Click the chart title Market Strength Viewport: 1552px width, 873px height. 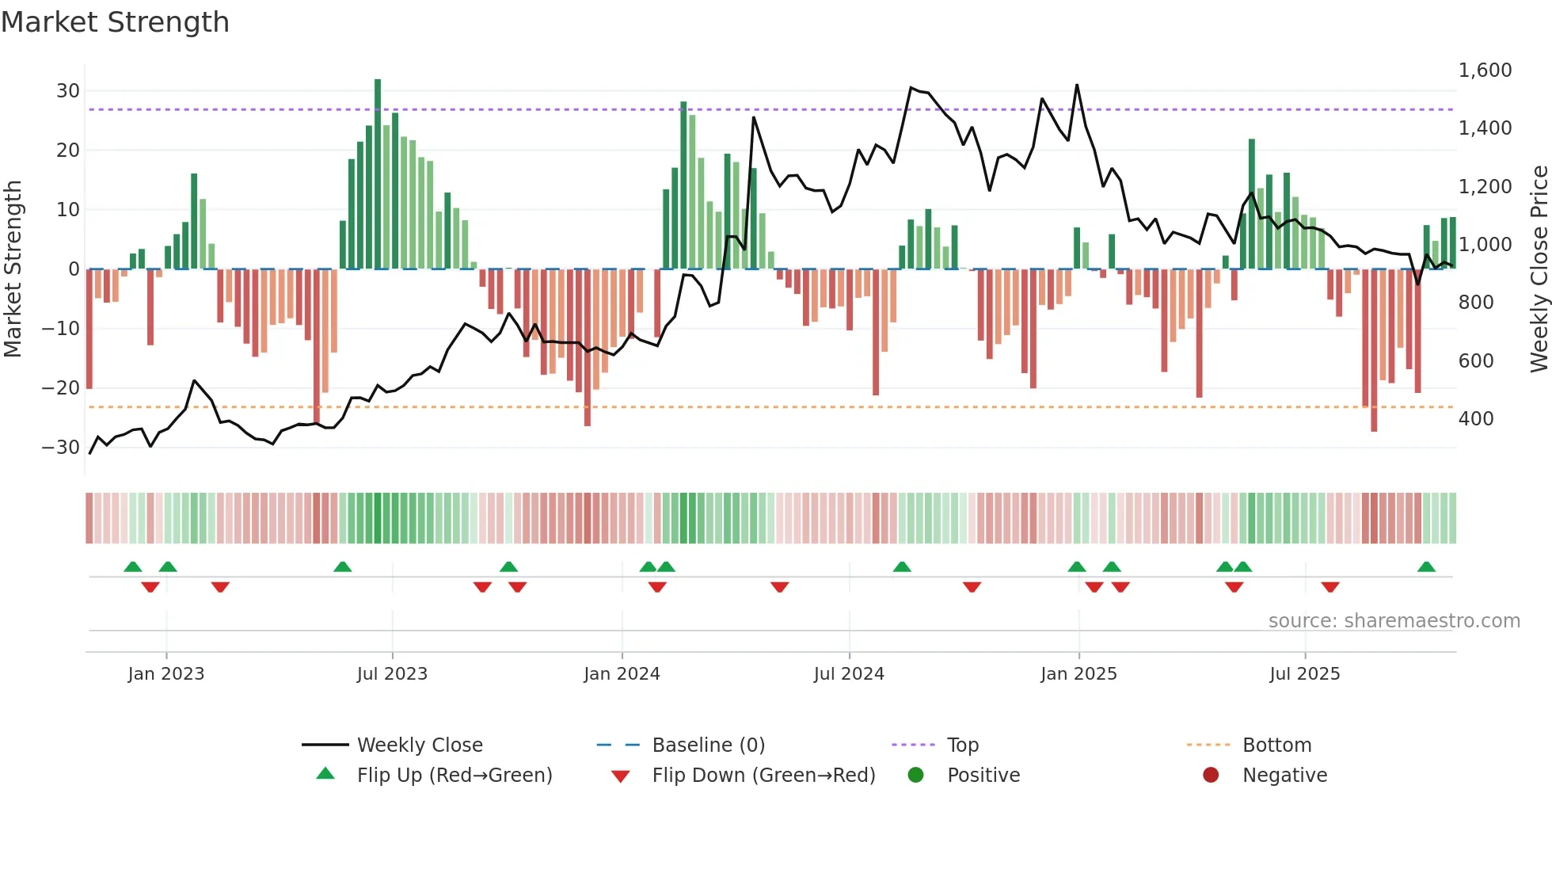[x=115, y=22]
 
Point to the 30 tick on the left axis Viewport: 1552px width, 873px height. [x=68, y=91]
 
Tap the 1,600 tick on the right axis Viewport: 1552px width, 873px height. [x=1485, y=71]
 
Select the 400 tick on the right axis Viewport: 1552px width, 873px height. [x=1476, y=418]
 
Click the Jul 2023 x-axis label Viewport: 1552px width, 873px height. [x=392, y=674]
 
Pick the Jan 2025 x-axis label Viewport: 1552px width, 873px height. [x=1078, y=674]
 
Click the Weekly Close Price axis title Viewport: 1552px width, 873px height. [x=1539, y=269]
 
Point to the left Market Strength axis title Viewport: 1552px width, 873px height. [x=13, y=269]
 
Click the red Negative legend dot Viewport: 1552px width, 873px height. [x=1211, y=776]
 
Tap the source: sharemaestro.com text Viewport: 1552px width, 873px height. [x=1394, y=621]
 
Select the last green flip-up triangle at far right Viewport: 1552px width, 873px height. [x=1426, y=567]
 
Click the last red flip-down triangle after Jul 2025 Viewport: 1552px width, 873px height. [x=1330, y=587]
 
